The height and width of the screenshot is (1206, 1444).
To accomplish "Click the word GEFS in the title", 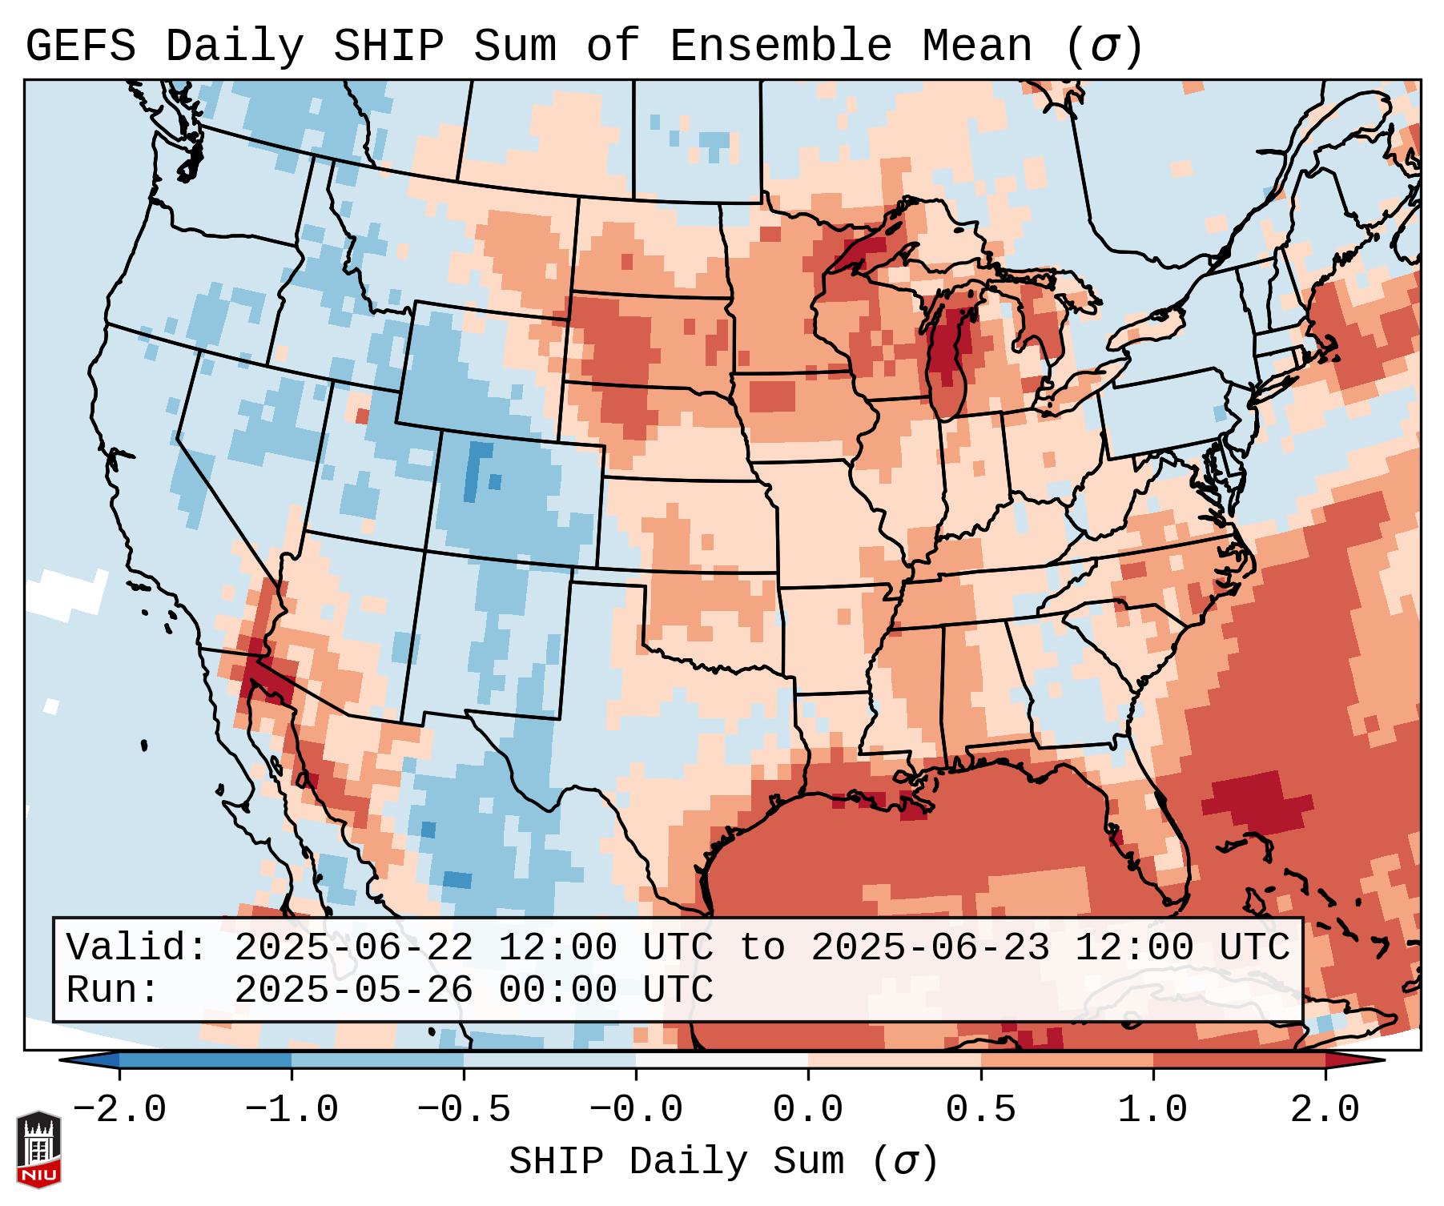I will coord(80,46).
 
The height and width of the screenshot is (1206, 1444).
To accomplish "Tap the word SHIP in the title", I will coord(388,46).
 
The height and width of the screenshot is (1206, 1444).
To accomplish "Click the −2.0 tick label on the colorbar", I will coord(119,1110).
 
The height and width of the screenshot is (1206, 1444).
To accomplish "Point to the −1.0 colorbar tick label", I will coord(292,1110).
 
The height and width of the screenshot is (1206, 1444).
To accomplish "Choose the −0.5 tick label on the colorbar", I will coord(464,1110).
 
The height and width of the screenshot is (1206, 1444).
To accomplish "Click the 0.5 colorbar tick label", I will coord(981,1110).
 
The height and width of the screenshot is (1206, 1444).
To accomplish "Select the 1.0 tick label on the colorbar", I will coord(1153,1110).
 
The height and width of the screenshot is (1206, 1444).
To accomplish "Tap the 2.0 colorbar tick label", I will coord(1325,1110).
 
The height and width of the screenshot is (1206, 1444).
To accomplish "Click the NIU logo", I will coord(38,1149).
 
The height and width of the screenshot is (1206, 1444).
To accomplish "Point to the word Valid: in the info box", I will coord(137,948).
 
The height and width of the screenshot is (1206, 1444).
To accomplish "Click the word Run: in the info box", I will coord(113,991).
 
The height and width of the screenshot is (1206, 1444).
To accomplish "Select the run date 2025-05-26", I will coord(353,991).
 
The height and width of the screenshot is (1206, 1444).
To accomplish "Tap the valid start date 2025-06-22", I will coord(353,948).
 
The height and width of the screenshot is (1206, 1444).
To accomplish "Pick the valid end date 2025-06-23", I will coord(930,948).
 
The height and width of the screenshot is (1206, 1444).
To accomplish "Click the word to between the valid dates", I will coord(761,948).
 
